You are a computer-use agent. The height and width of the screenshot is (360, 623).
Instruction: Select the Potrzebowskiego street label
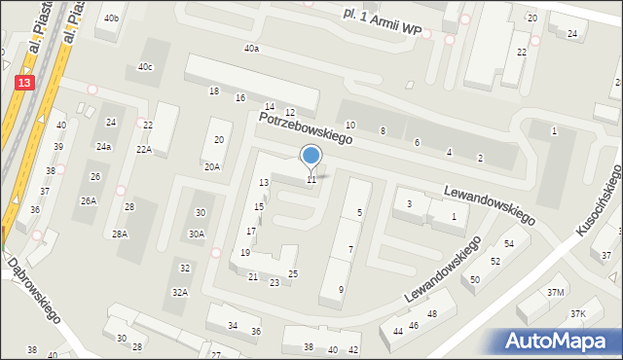[x=305, y=128]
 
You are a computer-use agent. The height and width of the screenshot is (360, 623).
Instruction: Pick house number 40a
[x=252, y=49]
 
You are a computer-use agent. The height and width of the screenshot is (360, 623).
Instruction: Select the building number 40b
[x=113, y=18]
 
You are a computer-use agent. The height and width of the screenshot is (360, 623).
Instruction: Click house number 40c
[x=145, y=67]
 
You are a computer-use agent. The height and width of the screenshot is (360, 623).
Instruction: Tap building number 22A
[x=144, y=149]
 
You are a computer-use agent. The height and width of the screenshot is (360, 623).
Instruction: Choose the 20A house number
[x=212, y=166]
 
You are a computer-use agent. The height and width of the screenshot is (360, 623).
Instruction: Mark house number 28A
[x=120, y=234]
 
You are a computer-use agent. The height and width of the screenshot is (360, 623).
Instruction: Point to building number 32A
[x=180, y=292]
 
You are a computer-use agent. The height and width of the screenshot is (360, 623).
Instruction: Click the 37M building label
[x=556, y=292]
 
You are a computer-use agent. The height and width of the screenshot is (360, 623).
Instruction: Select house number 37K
[x=578, y=313]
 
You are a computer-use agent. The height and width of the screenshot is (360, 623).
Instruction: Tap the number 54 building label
[x=509, y=243]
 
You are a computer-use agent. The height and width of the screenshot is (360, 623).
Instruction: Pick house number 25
[x=293, y=274]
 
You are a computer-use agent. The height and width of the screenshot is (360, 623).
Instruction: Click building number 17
[x=251, y=231]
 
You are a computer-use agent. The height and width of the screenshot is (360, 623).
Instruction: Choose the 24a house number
[x=103, y=147]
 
